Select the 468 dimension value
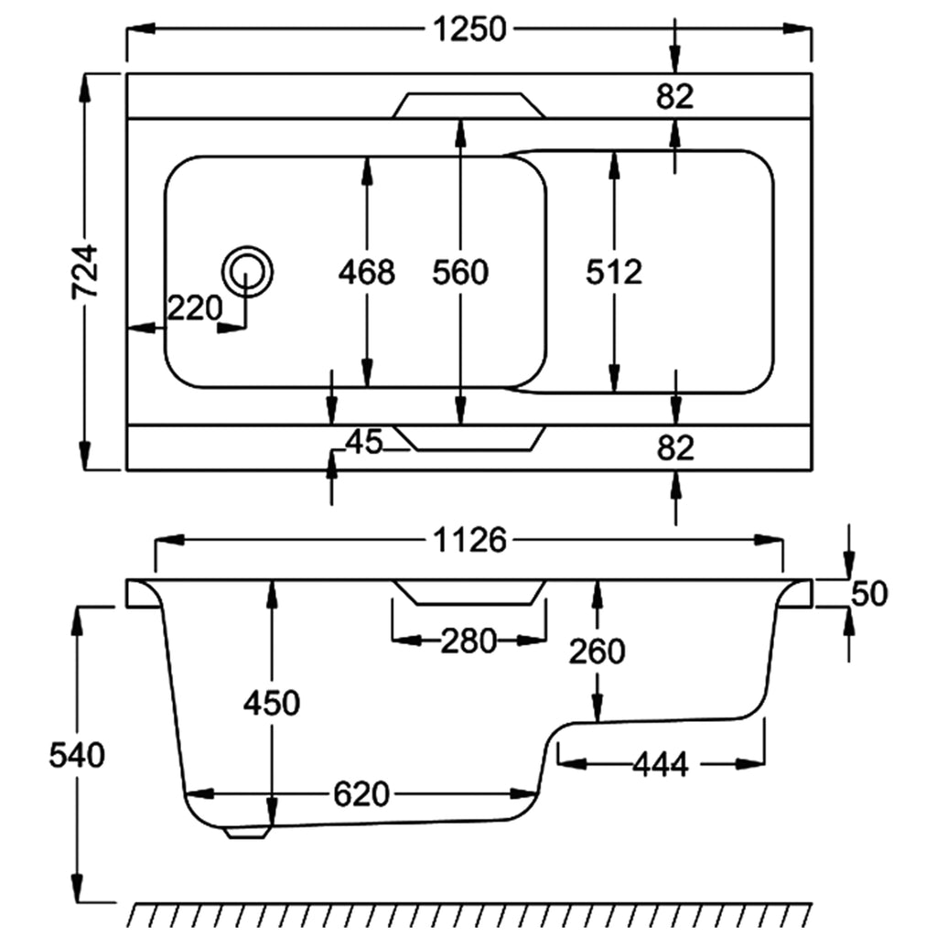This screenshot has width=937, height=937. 366,272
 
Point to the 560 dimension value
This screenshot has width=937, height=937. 460,272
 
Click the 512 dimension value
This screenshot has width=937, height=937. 614,272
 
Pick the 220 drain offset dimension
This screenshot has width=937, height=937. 194,307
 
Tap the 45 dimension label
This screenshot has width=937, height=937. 363,442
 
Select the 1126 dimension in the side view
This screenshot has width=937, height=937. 469,541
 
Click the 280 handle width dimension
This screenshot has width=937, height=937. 468,641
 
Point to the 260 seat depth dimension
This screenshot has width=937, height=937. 597,651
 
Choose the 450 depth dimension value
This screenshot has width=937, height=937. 272,703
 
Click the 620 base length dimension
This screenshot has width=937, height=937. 361,793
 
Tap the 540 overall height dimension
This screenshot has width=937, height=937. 78,755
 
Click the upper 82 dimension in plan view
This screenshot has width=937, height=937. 675,95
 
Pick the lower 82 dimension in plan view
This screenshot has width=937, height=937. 675,447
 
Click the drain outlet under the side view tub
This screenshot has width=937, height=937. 248,832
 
